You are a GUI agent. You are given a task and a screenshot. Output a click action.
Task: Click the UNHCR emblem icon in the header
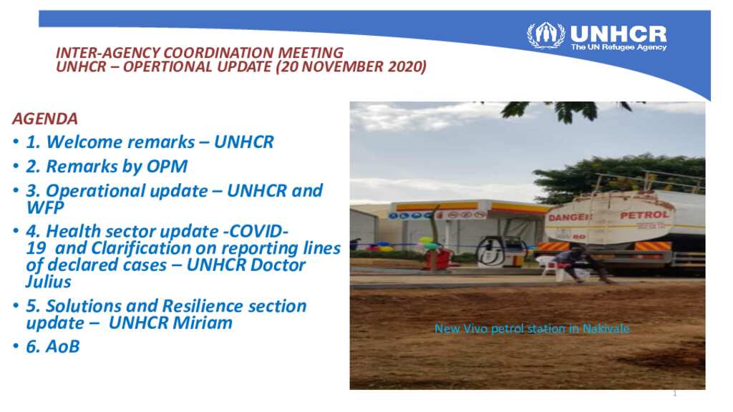pyautogui.click(x=545, y=34)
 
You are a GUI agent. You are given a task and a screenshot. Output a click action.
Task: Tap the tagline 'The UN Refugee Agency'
pyautogui.click(x=619, y=47)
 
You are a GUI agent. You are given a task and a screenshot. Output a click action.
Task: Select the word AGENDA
pyautogui.click(x=45, y=119)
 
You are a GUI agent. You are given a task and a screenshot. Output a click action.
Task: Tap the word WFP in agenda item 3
pyautogui.click(x=45, y=207)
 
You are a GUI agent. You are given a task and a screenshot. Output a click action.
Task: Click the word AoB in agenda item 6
pyautogui.click(x=63, y=347)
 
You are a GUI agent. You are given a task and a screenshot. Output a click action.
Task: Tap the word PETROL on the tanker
pyautogui.click(x=645, y=215)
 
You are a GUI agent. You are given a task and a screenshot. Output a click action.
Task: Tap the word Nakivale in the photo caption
pyautogui.click(x=606, y=329)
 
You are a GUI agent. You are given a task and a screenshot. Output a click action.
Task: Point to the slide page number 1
pyautogui.click(x=674, y=394)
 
